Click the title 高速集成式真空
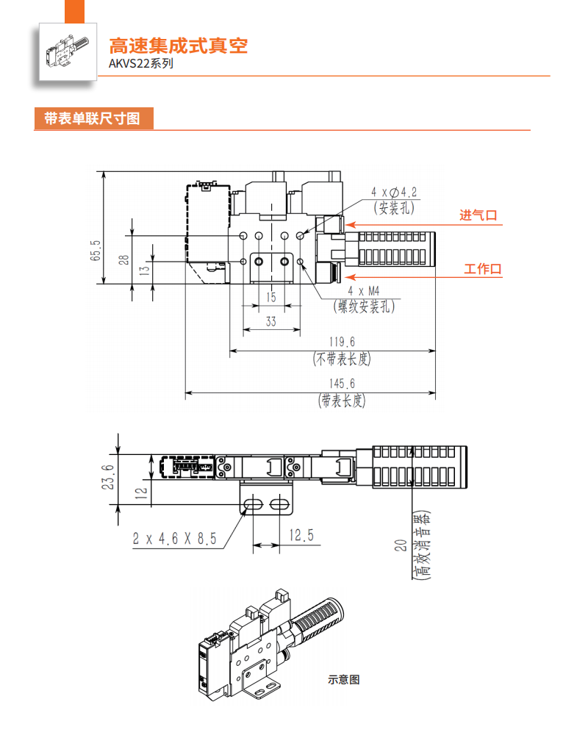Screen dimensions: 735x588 pos(179,46)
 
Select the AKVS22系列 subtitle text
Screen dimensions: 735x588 pos(141,63)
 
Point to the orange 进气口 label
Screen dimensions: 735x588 pos(478,215)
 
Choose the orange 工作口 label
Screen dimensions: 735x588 pos(483,269)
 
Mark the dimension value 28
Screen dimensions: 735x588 pos(124,259)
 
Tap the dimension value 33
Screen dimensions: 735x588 pos(270,321)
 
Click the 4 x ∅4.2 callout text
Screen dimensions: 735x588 pos(394,193)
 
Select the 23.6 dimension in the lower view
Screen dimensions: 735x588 pos(108,478)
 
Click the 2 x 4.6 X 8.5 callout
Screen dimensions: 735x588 pos(175,539)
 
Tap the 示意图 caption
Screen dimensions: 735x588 pos(343,680)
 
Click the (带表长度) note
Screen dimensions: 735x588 pos(341,401)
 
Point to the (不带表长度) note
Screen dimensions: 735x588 pos(342,359)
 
